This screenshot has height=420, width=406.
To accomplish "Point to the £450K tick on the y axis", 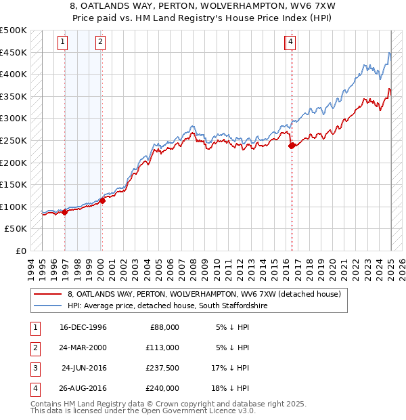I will [x=14, y=52].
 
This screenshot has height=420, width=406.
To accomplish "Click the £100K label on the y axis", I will [x=14, y=207].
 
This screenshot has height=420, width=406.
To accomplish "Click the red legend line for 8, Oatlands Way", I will [x=47, y=294].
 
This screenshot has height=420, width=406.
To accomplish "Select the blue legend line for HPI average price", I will [x=47, y=306].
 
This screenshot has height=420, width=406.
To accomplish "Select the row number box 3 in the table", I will [x=33, y=369].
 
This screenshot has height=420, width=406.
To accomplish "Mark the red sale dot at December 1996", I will [x=65, y=212].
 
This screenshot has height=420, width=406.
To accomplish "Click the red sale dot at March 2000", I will [x=102, y=201].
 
